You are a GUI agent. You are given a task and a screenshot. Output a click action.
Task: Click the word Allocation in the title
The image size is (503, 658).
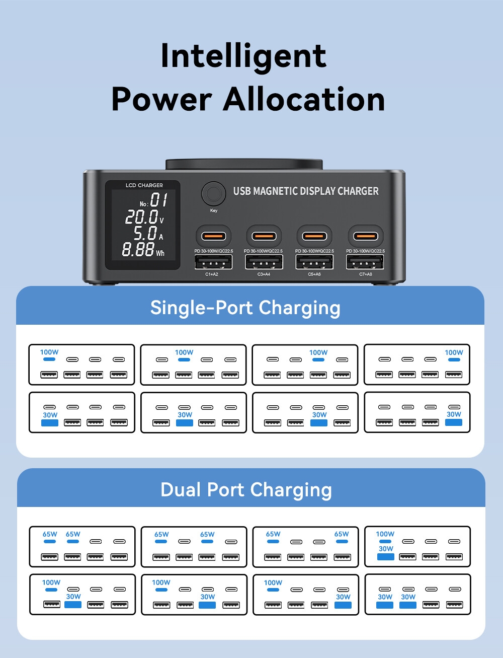(304, 99)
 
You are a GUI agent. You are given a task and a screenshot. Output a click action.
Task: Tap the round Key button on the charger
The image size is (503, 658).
(213, 194)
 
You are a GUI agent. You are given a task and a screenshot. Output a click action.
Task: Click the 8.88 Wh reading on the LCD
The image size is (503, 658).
(143, 250)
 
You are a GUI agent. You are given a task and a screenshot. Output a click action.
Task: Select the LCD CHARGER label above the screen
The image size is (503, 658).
(144, 185)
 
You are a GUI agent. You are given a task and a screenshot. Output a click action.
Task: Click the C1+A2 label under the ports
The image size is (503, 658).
(212, 274)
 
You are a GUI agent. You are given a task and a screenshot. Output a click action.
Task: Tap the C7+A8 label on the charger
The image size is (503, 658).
(366, 274)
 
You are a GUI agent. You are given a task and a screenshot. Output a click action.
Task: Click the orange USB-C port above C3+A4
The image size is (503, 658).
(264, 236)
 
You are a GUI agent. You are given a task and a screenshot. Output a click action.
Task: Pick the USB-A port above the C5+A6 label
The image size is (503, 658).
(314, 262)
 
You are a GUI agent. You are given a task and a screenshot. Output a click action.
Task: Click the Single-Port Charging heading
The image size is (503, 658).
(245, 308)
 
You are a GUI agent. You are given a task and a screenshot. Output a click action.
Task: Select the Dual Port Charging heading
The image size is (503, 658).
(246, 490)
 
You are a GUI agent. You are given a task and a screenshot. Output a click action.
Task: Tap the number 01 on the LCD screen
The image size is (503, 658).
(158, 200)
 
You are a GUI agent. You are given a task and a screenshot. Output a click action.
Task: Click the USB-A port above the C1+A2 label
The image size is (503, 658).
(213, 262)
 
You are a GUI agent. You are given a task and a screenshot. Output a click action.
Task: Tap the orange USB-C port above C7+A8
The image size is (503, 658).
(366, 236)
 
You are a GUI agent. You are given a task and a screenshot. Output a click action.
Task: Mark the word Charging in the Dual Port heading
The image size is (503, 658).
(291, 490)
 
